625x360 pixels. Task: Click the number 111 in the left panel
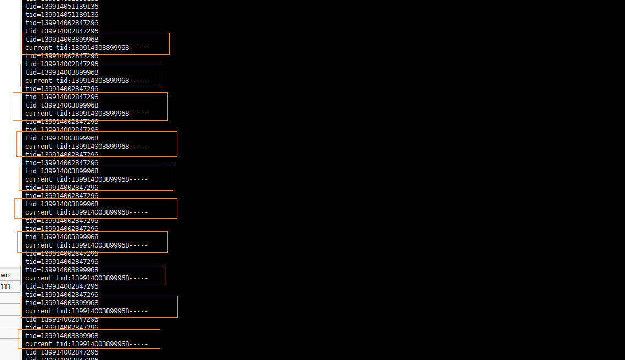5,286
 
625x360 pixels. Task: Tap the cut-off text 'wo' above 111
5,275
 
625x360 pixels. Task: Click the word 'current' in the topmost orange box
38,48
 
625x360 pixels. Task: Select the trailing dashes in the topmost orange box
139,48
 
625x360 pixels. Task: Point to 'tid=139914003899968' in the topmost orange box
62,40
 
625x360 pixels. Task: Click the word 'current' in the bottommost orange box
38,344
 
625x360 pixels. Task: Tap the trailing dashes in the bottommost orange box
139,344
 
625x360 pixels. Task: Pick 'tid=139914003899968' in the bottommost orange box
62,336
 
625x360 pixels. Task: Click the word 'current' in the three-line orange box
38,114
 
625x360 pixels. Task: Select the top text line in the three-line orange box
62,97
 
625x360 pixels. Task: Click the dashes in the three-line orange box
139,114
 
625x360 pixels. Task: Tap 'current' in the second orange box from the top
38,81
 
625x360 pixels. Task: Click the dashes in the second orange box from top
139,81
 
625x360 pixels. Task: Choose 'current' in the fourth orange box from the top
38,147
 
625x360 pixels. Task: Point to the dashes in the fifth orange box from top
139,179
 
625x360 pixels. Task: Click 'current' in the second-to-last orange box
38,311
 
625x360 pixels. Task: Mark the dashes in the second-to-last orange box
139,311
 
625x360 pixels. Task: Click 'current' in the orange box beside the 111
38,278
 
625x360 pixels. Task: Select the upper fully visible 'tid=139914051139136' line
62,7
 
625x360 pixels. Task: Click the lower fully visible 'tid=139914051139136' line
62,15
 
